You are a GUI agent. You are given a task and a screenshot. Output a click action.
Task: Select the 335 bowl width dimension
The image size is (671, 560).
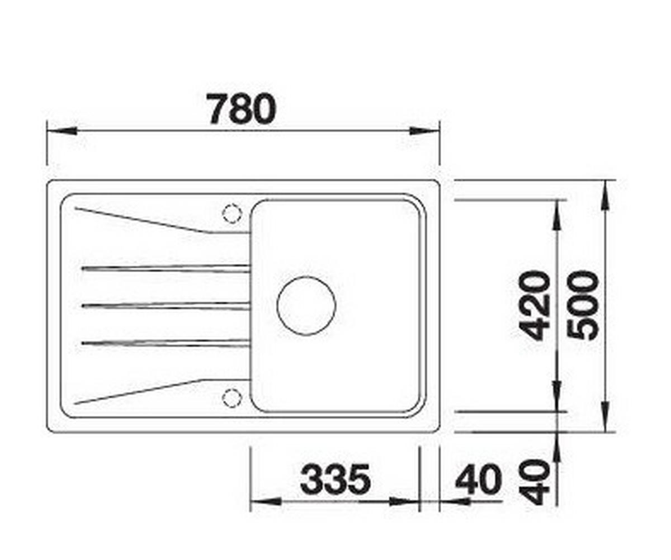click(335, 480)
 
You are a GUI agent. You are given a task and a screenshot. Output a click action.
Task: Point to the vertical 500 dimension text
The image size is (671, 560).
click(583, 306)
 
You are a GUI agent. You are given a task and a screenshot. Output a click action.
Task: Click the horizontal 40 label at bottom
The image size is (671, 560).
click(478, 481)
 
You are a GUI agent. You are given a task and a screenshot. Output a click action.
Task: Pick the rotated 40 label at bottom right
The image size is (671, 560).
click(535, 482)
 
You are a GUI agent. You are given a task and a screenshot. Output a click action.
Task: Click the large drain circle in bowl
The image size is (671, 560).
click(306, 306)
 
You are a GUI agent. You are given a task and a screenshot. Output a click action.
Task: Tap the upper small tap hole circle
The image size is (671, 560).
click(231, 213)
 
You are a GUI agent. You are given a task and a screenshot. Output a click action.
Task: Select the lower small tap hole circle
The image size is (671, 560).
click(231, 397)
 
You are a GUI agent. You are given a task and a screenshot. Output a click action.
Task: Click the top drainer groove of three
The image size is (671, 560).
click(166, 268)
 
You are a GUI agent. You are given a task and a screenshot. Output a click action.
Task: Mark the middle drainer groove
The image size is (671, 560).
click(166, 306)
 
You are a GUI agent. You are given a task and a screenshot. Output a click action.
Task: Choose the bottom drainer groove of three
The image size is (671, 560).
click(166, 342)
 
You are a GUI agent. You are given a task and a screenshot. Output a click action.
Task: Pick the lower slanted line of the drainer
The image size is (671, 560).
click(140, 391)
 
